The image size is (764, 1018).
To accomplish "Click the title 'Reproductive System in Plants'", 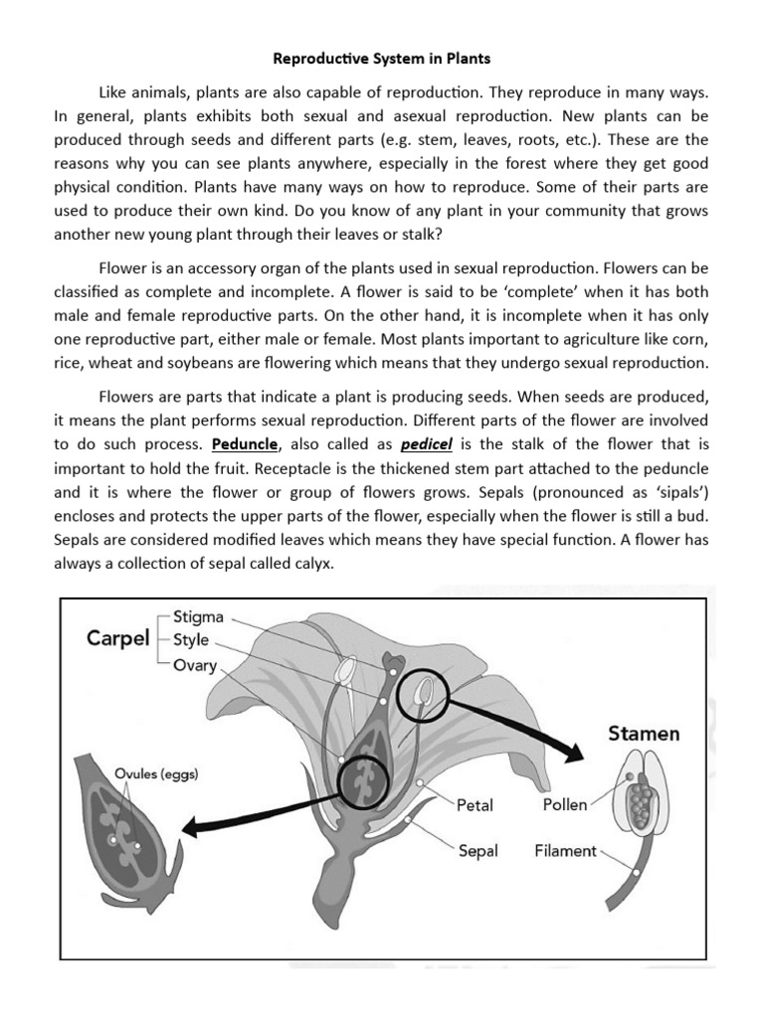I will click(x=381, y=59).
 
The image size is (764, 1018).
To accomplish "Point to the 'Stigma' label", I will click(x=198, y=616).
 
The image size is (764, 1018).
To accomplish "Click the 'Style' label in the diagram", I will click(x=191, y=640).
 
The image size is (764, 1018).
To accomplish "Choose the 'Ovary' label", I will click(x=195, y=665).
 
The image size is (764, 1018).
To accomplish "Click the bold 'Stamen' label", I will click(x=644, y=735).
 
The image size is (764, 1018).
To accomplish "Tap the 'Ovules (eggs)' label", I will click(x=155, y=775).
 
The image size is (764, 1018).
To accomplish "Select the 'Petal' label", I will click(x=475, y=805).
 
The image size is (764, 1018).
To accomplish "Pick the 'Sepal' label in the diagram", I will click(x=477, y=851).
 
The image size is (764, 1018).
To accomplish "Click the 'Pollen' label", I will click(x=564, y=805).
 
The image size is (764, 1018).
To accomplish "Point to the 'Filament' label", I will click(x=565, y=851).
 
